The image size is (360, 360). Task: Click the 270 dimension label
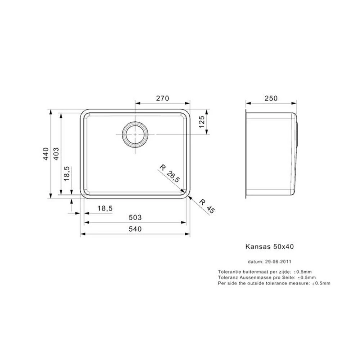(x=163, y=98)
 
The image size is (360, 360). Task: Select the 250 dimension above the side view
(x=271, y=98)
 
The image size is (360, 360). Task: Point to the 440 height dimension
(x=46, y=154)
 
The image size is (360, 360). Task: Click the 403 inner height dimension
(x=56, y=154)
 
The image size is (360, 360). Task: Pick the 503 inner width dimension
(x=135, y=217)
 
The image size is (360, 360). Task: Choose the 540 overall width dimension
(x=135, y=229)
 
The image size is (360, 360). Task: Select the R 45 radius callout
(x=207, y=206)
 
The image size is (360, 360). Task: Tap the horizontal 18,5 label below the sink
(x=105, y=208)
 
